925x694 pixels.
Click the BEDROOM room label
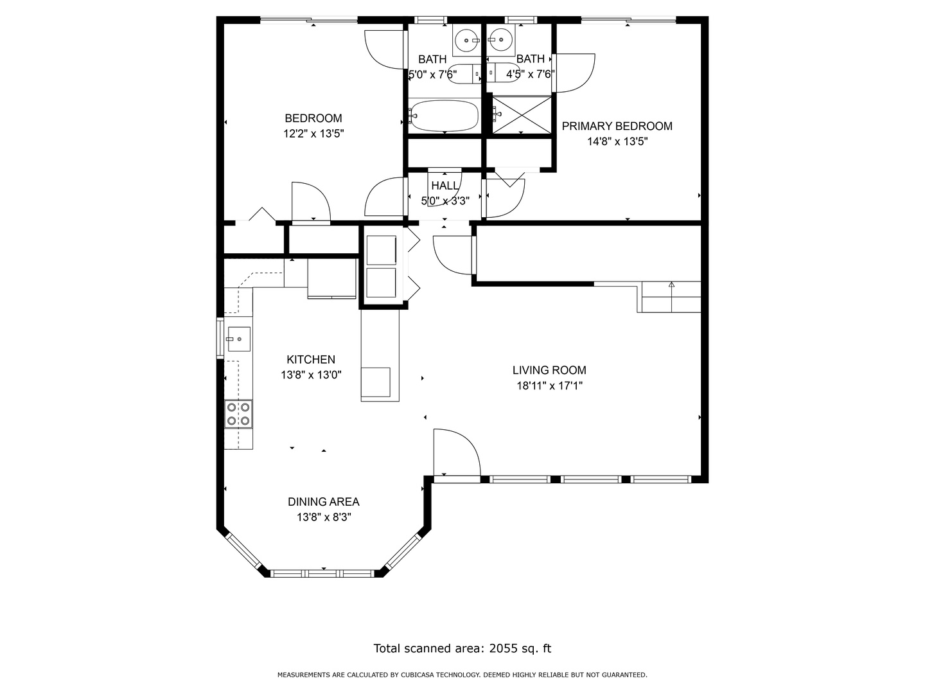coord(313,118)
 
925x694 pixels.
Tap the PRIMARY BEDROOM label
coord(617,126)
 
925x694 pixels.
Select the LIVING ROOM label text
coord(549,370)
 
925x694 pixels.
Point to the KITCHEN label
coord(310,360)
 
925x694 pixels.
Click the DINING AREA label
coord(323,502)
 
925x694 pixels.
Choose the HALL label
coord(445,186)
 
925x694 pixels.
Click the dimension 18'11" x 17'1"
coord(549,386)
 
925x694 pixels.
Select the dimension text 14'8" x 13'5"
coord(617,141)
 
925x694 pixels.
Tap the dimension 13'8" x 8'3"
coord(323,517)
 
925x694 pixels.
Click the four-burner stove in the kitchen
coord(238,414)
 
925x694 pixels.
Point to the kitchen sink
coord(238,339)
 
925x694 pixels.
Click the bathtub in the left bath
coord(444,116)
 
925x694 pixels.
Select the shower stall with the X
coord(522,115)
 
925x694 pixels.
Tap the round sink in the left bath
coord(466,41)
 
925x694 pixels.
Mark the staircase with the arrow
coord(671,297)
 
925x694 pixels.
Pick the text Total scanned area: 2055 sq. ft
coord(463,648)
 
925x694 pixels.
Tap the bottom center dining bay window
coord(323,573)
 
